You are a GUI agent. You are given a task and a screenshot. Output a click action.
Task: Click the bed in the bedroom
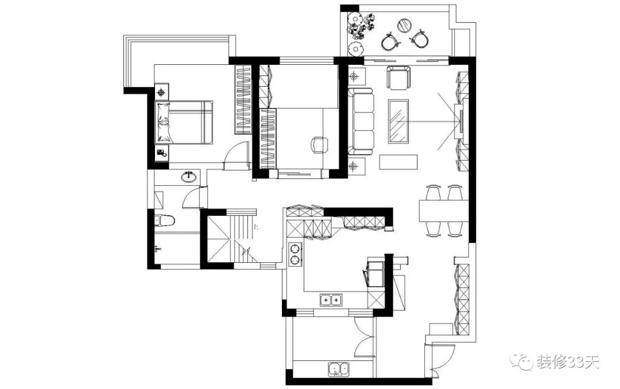tap(184, 122)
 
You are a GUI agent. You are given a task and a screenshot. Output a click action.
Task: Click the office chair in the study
tap(318, 145)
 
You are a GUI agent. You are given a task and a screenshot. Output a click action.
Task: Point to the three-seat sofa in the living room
tap(362, 122)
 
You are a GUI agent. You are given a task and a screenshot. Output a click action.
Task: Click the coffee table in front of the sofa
tap(398, 121)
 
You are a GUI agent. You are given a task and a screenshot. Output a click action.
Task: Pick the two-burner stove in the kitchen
tap(295, 254)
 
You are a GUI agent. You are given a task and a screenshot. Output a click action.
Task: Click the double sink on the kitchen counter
tap(330, 299)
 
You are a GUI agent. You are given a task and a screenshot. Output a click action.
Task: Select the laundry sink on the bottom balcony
tap(339, 369)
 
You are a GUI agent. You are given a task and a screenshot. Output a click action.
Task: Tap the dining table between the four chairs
tap(443, 210)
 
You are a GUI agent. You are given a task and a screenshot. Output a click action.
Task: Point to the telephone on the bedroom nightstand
tap(162, 153)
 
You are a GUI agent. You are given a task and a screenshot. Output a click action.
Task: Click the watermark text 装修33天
tap(568, 362)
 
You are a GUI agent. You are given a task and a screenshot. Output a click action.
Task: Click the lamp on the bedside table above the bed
tap(162, 91)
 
